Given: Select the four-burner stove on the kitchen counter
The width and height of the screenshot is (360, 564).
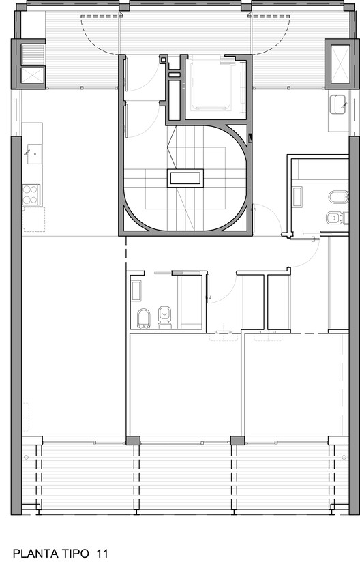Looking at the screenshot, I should click(x=31, y=195).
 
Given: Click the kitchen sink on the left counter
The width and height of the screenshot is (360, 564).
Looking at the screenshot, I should click(x=31, y=153).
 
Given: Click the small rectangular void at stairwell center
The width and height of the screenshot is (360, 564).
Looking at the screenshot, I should click(x=185, y=179).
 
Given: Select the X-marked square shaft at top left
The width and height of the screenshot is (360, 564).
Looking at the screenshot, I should click(x=31, y=76).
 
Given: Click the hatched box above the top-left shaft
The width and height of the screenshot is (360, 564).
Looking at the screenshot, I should click(x=32, y=54).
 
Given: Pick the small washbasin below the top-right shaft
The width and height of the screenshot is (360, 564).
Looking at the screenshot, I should click(x=337, y=105).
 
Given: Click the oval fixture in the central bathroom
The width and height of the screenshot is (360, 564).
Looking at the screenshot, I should click(x=144, y=318).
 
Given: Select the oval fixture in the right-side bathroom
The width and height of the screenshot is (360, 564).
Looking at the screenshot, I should click(x=337, y=198).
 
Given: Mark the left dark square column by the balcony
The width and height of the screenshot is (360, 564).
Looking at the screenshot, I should click(x=134, y=440).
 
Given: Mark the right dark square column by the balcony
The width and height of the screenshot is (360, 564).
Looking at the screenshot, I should click(x=237, y=440).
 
